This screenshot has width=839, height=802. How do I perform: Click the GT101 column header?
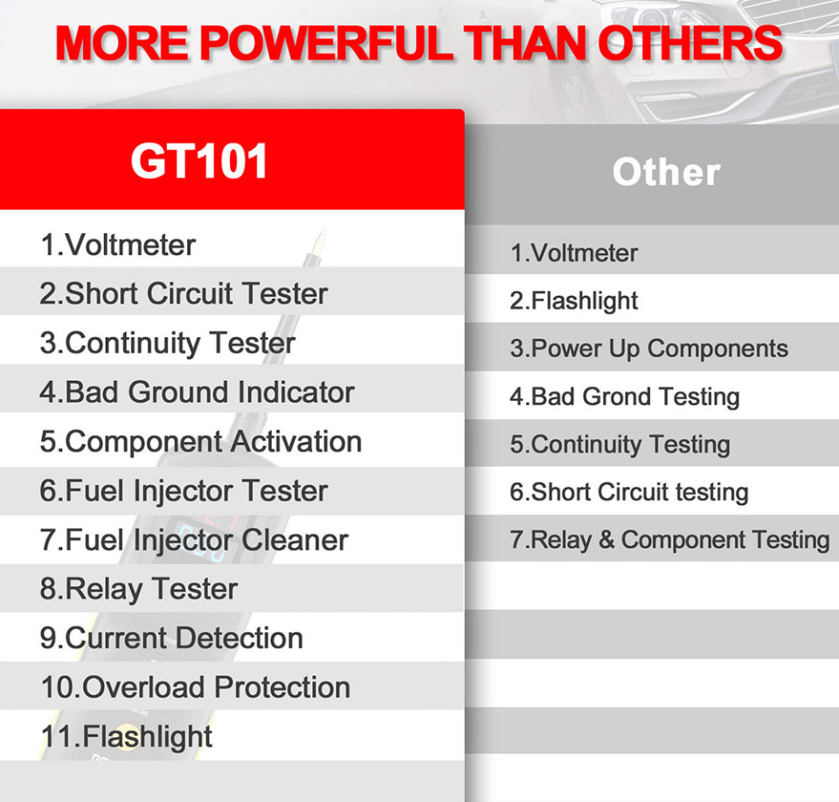pos(199,161)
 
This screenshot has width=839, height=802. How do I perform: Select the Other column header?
pos(666,172)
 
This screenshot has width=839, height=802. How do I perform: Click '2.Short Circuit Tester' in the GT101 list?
pos(184,294)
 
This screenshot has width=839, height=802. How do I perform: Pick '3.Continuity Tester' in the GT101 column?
pos(167,342)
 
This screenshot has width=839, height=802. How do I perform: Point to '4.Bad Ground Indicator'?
pos(197,391)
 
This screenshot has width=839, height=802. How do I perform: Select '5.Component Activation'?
pos(200,441)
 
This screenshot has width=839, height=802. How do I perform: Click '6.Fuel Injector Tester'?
pos(184,490)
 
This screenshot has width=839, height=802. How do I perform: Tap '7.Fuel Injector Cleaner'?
pos(193,539)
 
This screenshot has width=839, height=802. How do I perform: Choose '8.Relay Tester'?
pos(138,588)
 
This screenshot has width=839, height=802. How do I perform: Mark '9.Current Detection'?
pos(171,637)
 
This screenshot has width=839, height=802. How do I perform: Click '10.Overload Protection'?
pos(195,687)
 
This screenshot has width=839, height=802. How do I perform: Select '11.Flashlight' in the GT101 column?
pos(127,736)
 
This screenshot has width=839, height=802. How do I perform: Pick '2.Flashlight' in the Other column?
pos(573,301)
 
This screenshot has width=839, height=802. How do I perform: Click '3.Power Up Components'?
pos(648,349)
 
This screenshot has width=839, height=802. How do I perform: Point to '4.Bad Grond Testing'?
pos(624,397)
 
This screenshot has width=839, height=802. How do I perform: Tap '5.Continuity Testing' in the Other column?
pos(620,444)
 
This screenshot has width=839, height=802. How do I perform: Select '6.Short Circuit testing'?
pos(628,492)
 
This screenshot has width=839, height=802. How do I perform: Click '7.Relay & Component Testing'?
pos(669,539)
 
